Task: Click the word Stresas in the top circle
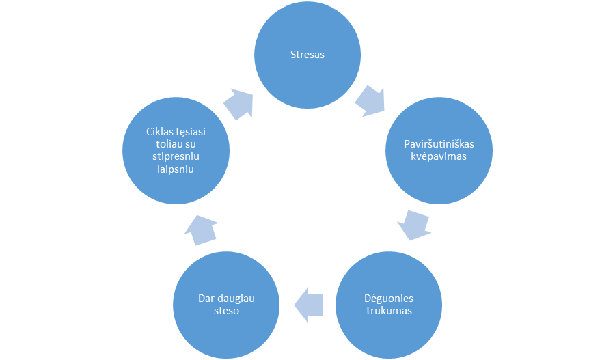tap(307, 55)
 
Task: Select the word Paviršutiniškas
tap(439, 144)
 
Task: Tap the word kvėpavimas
tap(439, 156)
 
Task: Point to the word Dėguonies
tap(389, 299)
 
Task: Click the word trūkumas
tap(389, 311)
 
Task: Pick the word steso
tap(226, 311)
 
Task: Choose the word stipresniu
tap(176, 157)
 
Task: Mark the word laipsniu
tap(176, 169)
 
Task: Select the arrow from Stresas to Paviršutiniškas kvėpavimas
tap(370, 101)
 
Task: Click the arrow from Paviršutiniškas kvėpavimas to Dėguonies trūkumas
tap(414, 225)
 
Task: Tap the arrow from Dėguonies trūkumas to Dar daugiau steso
tap(308, 305)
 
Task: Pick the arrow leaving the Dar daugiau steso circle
tap(201, 230)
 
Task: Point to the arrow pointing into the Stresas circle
tap(238, 104)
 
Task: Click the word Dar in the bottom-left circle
tap(206, 299)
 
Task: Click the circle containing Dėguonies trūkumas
tap(389, 304)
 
